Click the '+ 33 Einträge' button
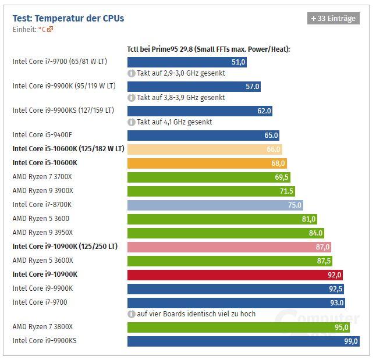[x=333, y=19]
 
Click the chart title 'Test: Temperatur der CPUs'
[x=68, y=18]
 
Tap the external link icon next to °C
[x=50, y=29]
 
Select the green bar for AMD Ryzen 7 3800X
[x=239, y=327]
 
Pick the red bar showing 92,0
[x=235, y=275]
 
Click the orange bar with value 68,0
[x=207, y=163]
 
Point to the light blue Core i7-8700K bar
[x=215, y=205]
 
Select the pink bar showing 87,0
[x=229, y=247]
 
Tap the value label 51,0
[x=238, y=62]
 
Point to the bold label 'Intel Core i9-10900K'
[x=45, y=275]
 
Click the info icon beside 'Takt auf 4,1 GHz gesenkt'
[x=132, y=122]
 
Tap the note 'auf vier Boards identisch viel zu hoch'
[x=196, y=314]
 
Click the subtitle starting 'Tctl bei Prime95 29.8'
[x=208, y=49]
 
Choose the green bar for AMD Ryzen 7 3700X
[x=208, y=177]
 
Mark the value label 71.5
[x=286, y=191]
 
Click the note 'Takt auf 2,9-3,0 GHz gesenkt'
[x=181, y=74]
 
